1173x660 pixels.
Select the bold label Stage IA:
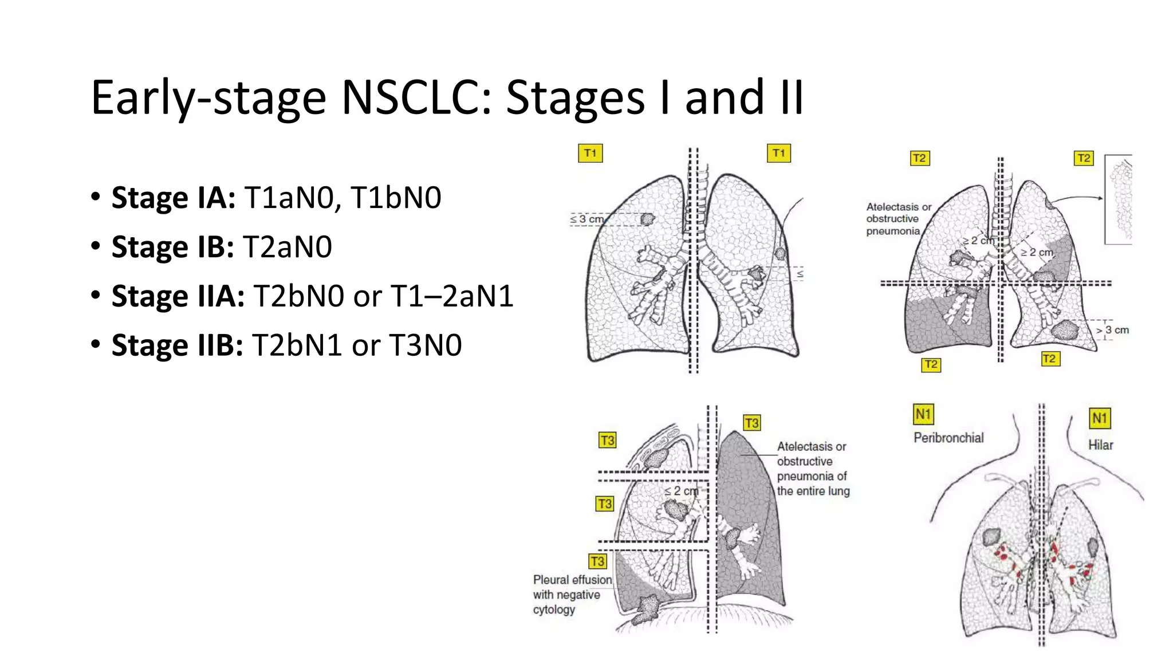click(x=173, y=198)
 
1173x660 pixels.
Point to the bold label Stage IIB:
click(x=177, y=345)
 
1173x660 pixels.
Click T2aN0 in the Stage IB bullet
click(x=288, y=247)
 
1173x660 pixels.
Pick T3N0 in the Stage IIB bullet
click(x=425, y=345)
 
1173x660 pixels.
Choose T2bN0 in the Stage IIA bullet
click(x=298, y=296)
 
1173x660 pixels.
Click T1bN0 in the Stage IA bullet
click(x=396, y=198)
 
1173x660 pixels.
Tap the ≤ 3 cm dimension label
click(x=586, y=219)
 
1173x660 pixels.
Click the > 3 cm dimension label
click(x=1112, y=330)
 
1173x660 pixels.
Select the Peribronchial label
click(x=948, y=438)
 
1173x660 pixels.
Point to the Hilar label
click(x=1100, y=445)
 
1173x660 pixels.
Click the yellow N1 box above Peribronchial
click(x=923, y=414)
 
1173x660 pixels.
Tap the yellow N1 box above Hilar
click(x=1099, y=418)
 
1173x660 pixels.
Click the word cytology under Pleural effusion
click(x=554, y=610)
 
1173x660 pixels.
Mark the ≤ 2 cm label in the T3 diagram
click(x=681, y=491)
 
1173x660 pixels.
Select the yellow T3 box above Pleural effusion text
click(x=597, y=561)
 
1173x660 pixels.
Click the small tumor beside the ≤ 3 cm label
click(x=647, y=219)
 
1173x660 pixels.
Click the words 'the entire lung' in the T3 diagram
click(x=813, y=491)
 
